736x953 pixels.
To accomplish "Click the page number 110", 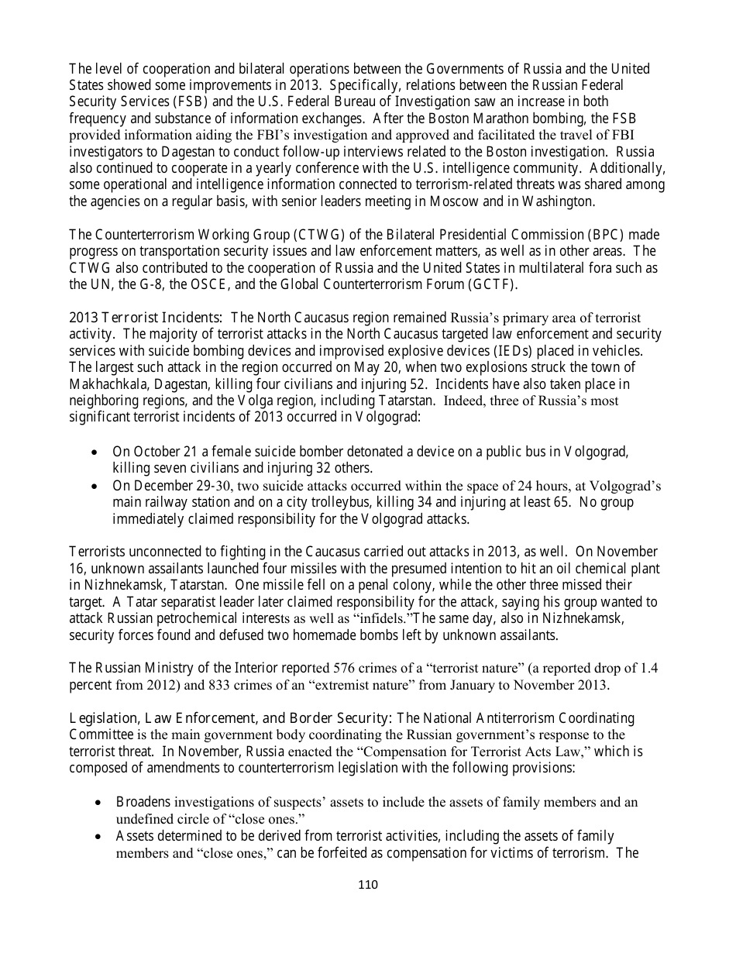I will click(368, 885).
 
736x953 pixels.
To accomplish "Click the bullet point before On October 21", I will click(95, 452).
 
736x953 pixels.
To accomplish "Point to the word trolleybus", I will click(324, 502).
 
